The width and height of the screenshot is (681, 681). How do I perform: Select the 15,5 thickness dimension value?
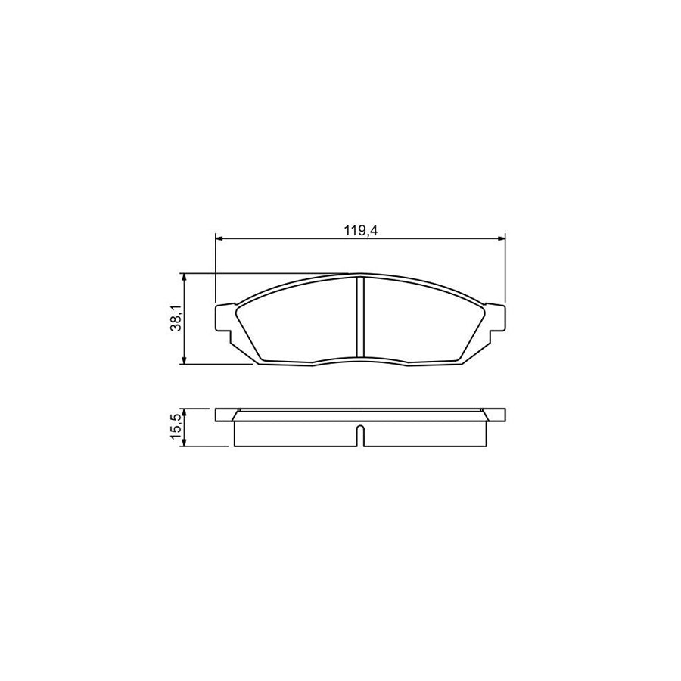click(x=176, y=427)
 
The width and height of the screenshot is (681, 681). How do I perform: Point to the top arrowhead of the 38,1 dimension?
click(x=184, y=277)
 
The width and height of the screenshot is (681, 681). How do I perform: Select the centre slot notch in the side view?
click(x=360, y=437)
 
